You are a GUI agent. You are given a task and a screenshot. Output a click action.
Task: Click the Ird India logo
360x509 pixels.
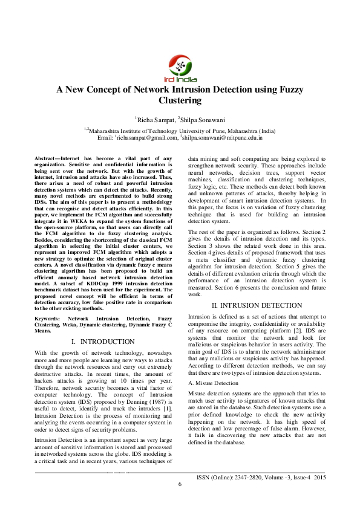[x=180, y=67]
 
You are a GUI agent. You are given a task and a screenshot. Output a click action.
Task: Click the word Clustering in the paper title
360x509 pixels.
[x=180, y=100]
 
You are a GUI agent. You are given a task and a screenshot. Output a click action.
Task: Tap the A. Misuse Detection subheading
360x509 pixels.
[x=213, y=383]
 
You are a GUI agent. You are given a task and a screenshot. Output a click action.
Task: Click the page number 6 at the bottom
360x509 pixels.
[x=180, y=484]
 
